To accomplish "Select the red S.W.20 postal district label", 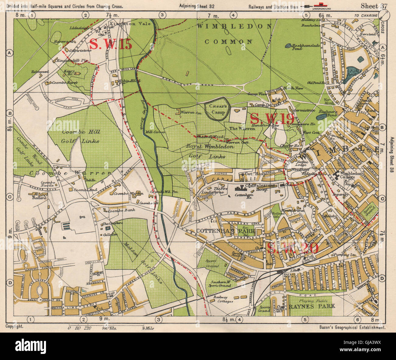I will click(x=292, y=248).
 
